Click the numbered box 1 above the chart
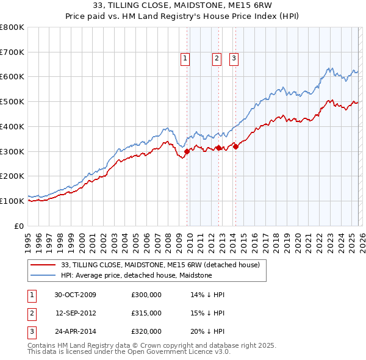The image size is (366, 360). [185, 59]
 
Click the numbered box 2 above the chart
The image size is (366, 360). [217, 59]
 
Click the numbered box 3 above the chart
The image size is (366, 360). [234, 59]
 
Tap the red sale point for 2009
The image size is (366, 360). [187, 151]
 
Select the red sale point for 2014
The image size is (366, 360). [235, 146]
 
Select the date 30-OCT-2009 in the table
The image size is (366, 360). [75, 295]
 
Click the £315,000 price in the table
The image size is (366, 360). [146, 313]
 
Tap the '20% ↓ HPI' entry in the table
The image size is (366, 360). [207, 331]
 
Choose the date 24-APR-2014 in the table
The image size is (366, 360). [75, 331]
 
